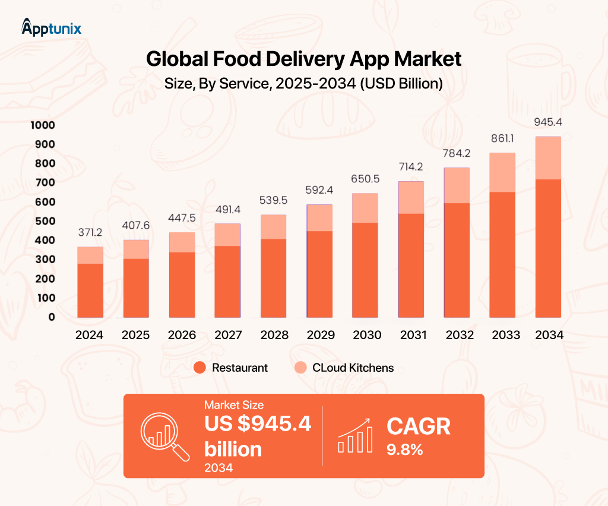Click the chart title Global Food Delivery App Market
tap(303, 59)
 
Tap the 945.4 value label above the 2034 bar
tap(549, 123)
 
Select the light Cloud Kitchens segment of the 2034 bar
tap(549, 158)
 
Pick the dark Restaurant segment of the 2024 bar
tap(90, 290)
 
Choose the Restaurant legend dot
tap(200, 368)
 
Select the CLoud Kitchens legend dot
tap(301, 368)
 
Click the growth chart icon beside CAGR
tap(355, 435)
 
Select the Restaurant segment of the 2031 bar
tap(411, 265)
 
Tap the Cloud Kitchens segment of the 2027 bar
tap(228, 235)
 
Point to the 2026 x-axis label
tap(182, 335)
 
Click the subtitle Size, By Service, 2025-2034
tap(303, 84)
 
